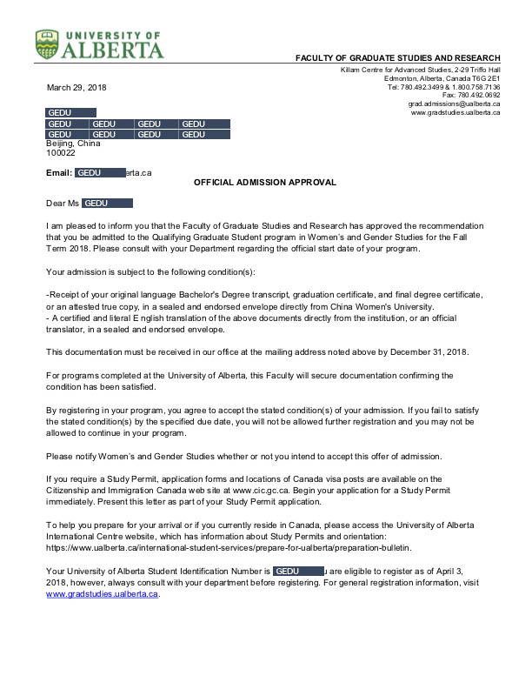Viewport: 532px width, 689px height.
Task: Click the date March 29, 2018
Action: tap(76, 88)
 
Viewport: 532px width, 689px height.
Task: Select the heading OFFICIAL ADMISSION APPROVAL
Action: tap(264, 183)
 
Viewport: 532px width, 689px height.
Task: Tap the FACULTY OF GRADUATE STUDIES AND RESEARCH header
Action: tap(398, 58)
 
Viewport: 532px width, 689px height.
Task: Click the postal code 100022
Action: tap(61, 153)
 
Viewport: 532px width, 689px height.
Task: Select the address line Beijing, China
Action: tap(73, 144)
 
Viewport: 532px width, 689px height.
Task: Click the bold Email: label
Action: tap(59, 172)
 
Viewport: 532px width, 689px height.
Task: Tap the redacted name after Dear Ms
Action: tap(107, 204)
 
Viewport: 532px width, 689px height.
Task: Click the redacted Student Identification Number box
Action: tap(298, 570)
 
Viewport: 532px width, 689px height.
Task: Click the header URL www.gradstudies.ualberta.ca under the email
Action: tap(455, 112)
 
